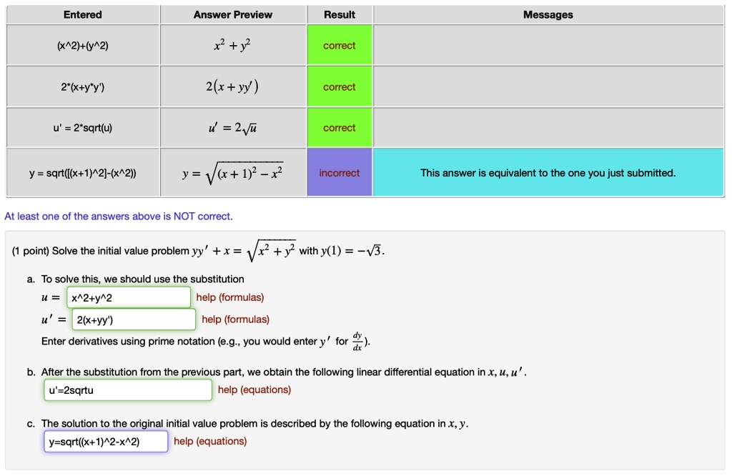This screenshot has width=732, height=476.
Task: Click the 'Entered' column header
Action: (83, 14)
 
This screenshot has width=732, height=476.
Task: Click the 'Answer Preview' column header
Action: (233, 14)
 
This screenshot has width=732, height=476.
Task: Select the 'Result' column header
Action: (340, 14)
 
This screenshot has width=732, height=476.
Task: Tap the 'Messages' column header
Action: (548, 14)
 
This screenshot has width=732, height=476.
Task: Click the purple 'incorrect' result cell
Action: (340, 173)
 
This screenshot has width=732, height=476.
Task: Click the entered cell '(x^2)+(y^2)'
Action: (83, 46)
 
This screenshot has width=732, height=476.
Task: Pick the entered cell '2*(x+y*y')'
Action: (83, 87)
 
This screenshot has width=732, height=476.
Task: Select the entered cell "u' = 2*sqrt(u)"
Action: (83, 129)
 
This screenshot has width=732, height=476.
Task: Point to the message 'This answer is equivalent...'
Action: (548, 173)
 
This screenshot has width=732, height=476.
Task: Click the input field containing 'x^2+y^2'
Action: (129, 297)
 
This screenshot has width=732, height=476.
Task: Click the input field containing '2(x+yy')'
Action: (134, 319)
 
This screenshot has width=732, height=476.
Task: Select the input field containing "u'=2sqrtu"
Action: (128, 390)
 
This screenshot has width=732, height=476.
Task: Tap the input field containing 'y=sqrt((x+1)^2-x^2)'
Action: (106, 442)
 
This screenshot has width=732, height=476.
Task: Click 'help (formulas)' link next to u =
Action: (230, 297)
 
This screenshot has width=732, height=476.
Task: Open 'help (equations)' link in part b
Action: (254, 390)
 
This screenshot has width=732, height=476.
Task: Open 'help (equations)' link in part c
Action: (210, 441)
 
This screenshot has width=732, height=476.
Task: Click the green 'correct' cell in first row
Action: (340, 46)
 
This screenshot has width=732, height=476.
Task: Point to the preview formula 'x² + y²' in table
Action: (233, 46)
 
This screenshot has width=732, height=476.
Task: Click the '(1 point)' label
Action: (31, 251)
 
